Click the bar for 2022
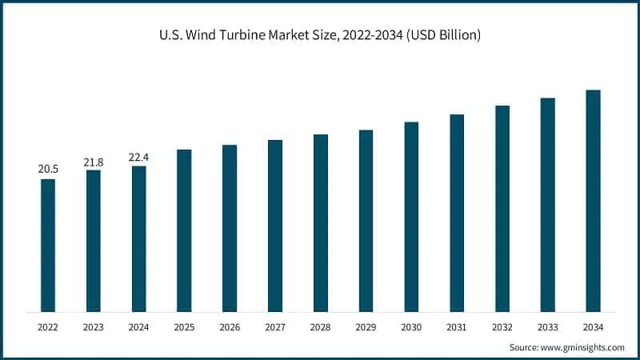(48, 245)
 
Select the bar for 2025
(184, 230)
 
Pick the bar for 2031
(457, 213)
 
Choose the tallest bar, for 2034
(593, 200)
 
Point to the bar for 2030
(411, 216)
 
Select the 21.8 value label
(94, 162)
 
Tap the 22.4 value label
(139, 158)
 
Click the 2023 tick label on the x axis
(94, 326)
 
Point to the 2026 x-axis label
(230, 326)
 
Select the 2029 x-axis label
(366, 326)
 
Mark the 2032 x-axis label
(502, 326)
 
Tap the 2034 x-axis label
(593, 326)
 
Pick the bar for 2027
(275, 226)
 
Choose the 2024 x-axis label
(139, 326)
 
